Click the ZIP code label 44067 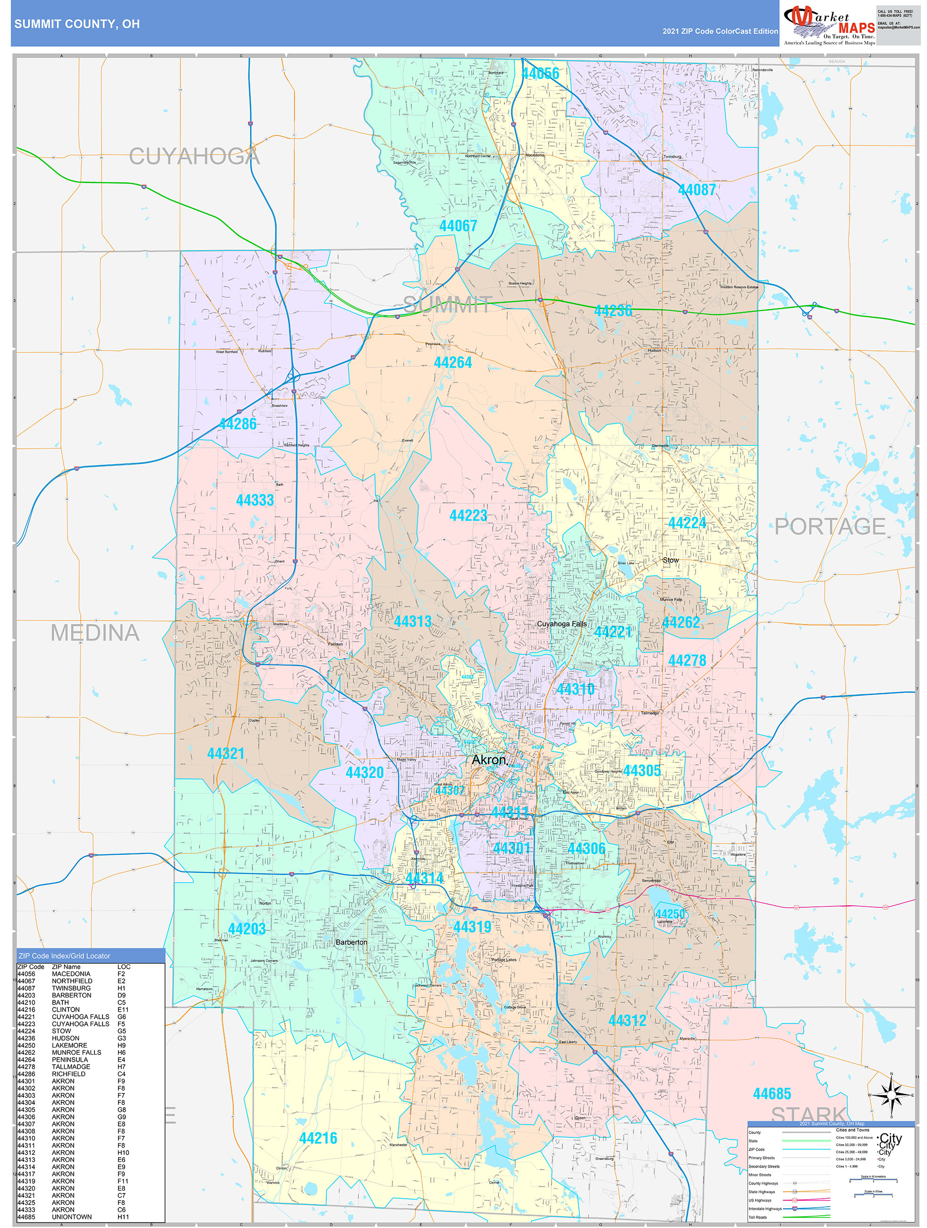pyautogui.click(x=458, y=226)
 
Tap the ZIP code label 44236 pyautogui.click(x=613, y=311)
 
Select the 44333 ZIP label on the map pyautogui.click(x=255, y=500)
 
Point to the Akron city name pyautogui.click(x=488, y=759)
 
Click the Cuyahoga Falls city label pyautogui.click(x=561, y=624)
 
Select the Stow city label pyautogui.click(x=670, y=560)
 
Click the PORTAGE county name pyautogui.click(x=829, y=526)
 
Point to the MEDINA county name pyautogui.click(x=95, y=633)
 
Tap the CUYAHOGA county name pyautogui.click(x=194, y=156)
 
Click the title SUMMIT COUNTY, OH pyautogui.click(x=77, y=24)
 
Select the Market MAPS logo pyautogui.click(x=829, y=24)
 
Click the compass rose pyautogui.click(x=891, y=1095)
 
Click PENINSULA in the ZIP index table pyautogui.click(x=69, y=1060)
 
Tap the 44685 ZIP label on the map pyautogui.click(x=772, y=1094)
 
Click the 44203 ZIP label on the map pyautogui.click(x=247, y=929)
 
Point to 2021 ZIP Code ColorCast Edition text pyautogui.click(x=720, y=32)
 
